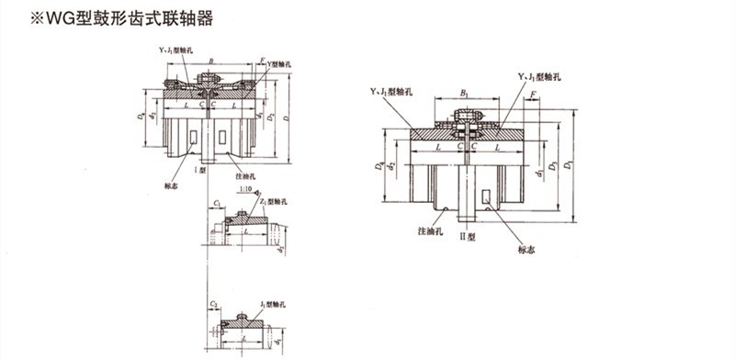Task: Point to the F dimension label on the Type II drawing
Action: coord(534,94)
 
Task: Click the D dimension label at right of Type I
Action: coord(288,119)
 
